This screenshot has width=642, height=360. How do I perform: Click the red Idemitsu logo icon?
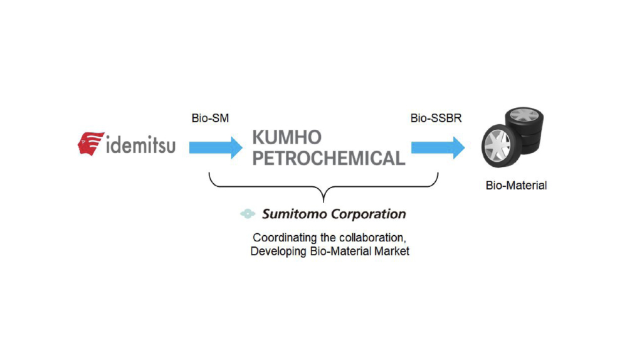tap(90, 144)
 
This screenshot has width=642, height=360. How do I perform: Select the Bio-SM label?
tap(210, 118)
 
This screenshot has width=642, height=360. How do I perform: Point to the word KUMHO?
tap(287, 137)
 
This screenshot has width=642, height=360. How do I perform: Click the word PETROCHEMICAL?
tap(329, 159)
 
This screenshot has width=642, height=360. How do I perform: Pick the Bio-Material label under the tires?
tap(516, 186)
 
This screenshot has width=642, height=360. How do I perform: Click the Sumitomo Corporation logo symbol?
tap(248, 214)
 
